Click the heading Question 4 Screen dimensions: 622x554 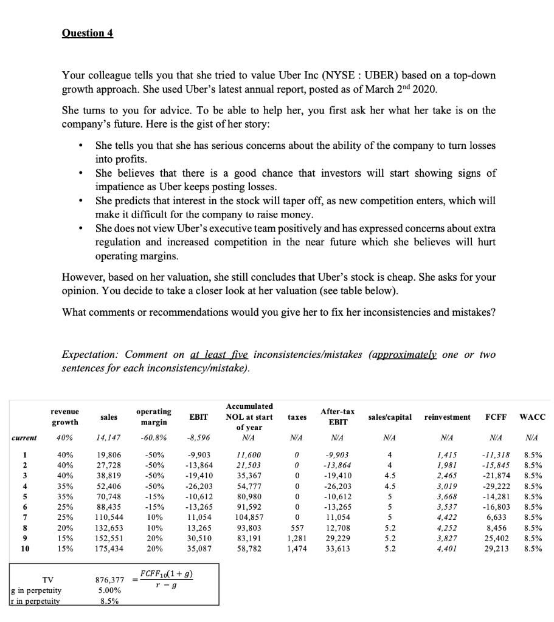[x=88, y=33]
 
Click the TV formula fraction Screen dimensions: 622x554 [x=166, y=578]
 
